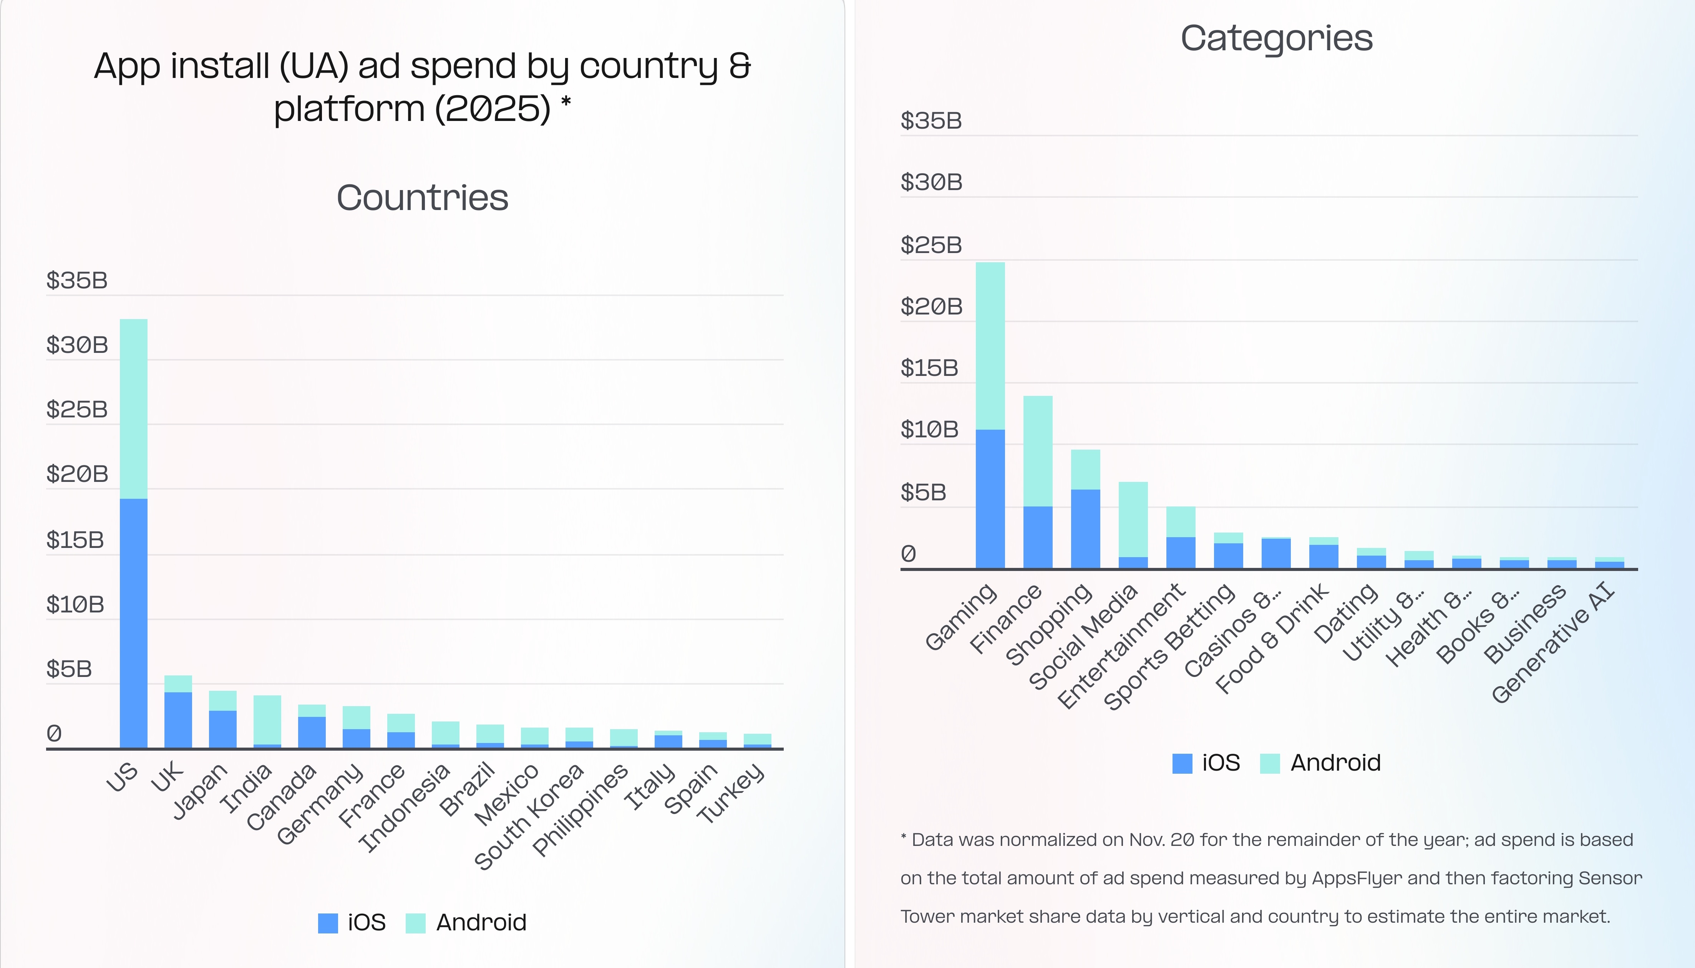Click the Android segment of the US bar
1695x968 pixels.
134,409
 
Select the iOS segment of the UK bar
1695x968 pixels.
178,720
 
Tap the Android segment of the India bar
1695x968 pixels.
267,719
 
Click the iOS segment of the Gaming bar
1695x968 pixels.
990,499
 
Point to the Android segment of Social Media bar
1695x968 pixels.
1133,519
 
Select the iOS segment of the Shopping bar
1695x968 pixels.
1085,529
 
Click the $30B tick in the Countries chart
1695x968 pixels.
76,345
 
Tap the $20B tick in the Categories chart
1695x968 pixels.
931,306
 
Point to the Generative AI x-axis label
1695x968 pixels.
1553,642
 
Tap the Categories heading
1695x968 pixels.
1276,38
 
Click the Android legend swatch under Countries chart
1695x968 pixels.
416,923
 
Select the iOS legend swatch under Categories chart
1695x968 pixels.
1182,763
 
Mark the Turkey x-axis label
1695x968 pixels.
731,793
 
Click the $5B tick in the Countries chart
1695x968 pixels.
68,669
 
